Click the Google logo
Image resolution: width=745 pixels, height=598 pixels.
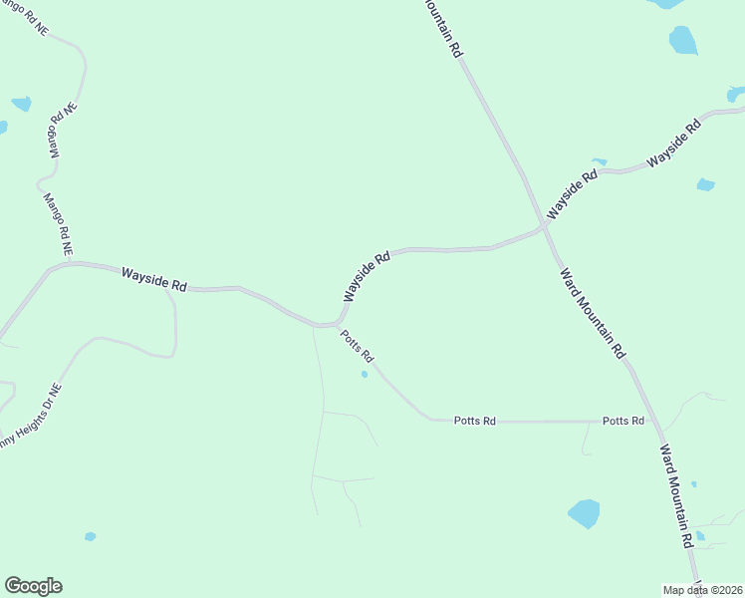[x=33, y=586]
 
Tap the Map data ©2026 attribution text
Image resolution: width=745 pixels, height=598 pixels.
[x=702, y=590]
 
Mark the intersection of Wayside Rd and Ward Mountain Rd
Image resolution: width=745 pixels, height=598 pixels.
[x=544, y=227]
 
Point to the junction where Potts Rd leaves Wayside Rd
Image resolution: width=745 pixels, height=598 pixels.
[x=335, y=325]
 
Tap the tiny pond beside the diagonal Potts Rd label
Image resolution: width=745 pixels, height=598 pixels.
[x=365, y=375]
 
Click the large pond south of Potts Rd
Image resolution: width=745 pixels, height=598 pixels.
[x=584, y=513]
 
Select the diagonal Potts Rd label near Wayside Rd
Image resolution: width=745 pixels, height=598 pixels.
[x=356, y=346]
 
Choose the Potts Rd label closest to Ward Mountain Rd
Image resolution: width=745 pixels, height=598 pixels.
[x=622, y=422]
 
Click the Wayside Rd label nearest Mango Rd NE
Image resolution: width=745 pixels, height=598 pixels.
[x=154, y=278]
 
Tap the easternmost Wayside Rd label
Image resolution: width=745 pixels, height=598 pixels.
[x=674, y=146]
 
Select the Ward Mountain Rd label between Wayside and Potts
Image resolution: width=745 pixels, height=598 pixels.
[x=592, y=313]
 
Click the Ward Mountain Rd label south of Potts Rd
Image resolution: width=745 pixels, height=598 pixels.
[x=675, y=496]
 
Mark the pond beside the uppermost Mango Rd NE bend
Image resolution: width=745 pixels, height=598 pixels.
[x=21, y=104]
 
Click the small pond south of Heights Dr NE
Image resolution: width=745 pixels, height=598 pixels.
[x=91, y=536]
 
